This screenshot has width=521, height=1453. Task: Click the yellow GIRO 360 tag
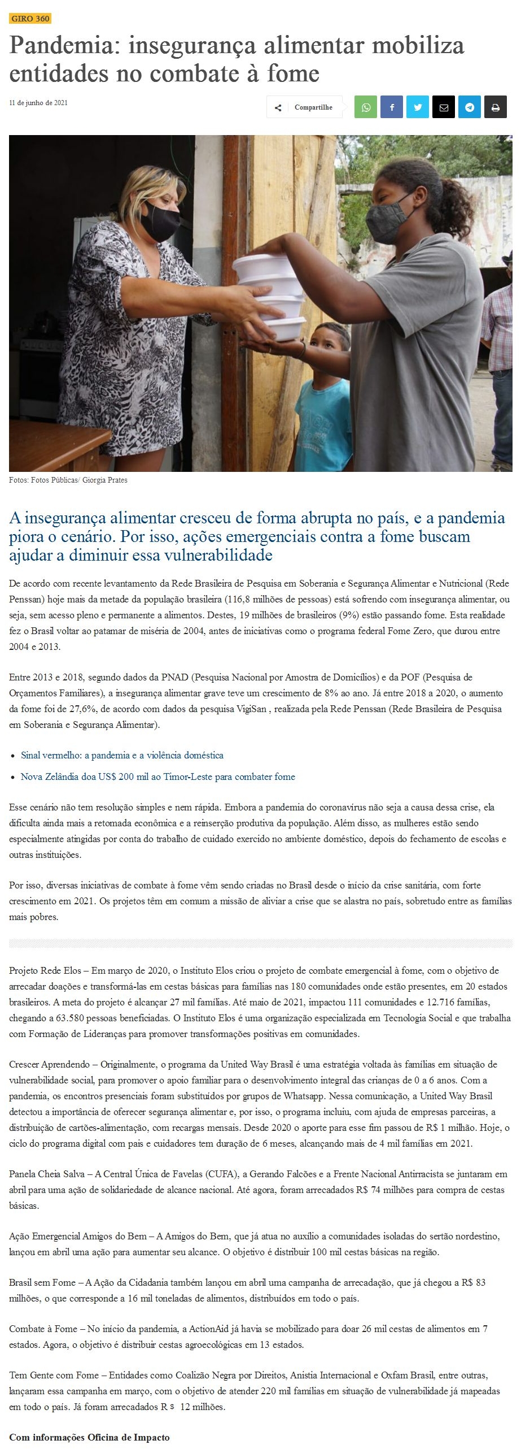(30, 19)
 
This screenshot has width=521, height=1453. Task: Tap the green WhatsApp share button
(366, 107)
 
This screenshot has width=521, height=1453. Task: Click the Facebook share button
(392, 107)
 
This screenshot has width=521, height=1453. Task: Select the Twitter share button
(418, 107)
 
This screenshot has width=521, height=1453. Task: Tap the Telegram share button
(470, 107)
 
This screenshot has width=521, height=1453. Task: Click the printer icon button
(496, 107)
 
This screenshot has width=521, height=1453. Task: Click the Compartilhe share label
(313, 107)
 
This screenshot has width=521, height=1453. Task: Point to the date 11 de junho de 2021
(38, 103)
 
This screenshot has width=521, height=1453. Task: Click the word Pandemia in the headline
(61, 46)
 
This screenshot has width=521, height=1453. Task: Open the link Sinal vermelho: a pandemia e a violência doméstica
(122, 755)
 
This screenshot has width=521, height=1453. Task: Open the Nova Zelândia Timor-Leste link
(157, 777)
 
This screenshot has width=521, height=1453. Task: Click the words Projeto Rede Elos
(45, 970)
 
